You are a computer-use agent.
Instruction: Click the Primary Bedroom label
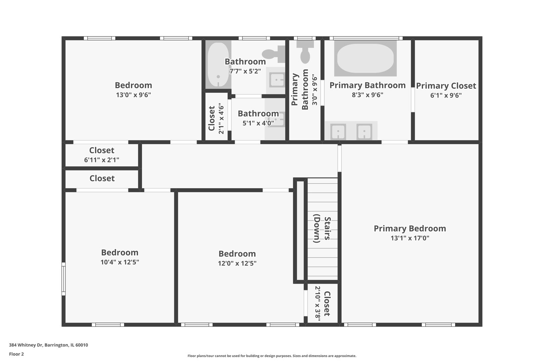click(x=410, y=229)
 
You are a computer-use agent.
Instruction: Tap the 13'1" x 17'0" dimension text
click(x=410, y=238)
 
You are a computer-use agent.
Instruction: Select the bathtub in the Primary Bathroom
click(x=365, y=58)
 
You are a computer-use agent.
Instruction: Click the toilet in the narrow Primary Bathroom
click(x=305, y=51)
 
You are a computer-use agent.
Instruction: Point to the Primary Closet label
click(x=446, y=86)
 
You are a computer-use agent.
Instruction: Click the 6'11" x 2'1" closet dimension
click(x=101, y=160)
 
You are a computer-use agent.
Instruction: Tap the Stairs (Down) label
click(x=322, y=229)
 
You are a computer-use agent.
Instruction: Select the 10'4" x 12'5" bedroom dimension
click(x=120, y=262)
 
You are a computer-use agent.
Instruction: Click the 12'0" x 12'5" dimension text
click(x=237, y=263)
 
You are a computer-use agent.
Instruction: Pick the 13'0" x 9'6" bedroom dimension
click(x=133, y=94)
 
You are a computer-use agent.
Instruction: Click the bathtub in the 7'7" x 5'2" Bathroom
click(x=218, y=65)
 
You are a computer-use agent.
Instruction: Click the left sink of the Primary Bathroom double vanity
click(x=338, y=131)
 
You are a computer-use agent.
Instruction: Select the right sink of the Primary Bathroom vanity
click(x=364, y=131)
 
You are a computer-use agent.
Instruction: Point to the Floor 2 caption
click(x=16, y=354)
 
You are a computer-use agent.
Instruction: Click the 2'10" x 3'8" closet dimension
click(x=318, y=304)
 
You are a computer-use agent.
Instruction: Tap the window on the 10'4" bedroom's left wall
click(x=63, y=279)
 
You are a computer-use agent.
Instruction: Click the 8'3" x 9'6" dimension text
click(x=367, y=94)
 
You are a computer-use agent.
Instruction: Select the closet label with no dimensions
click(x=102, y=178)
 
